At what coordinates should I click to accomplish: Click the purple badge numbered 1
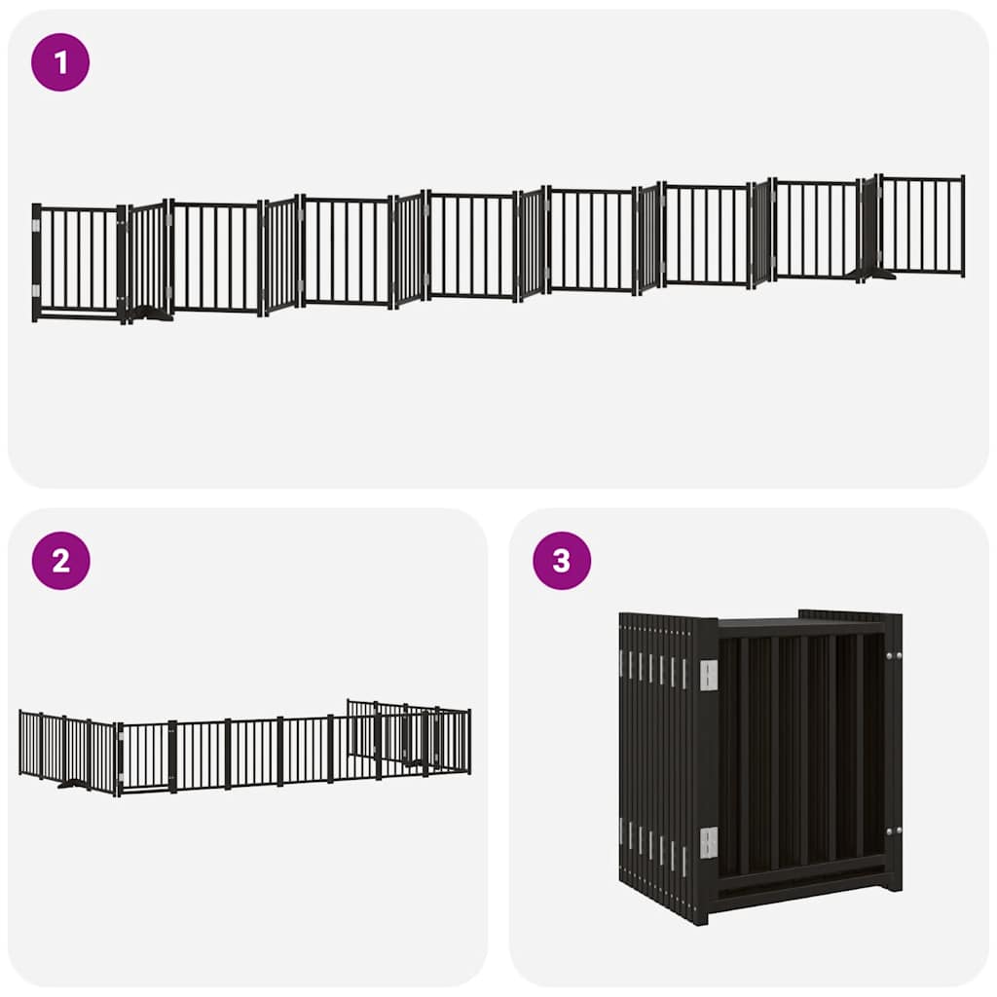click(60, 62)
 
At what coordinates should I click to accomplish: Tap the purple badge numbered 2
click(60, 561)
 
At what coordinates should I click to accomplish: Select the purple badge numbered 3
click(562, 561)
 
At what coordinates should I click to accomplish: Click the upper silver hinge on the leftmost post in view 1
click(38, 226)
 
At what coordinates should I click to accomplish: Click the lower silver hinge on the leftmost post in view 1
click(38, 290)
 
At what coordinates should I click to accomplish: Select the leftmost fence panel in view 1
click(78, 261)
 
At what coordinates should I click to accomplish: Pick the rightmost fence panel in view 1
click(921, 226)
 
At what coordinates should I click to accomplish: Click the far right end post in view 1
click(962, 226)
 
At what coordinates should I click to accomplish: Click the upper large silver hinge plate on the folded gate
click(708, 675)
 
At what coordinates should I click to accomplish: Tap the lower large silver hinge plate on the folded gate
click(708, 842)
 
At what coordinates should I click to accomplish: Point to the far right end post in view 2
click(468, 741)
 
